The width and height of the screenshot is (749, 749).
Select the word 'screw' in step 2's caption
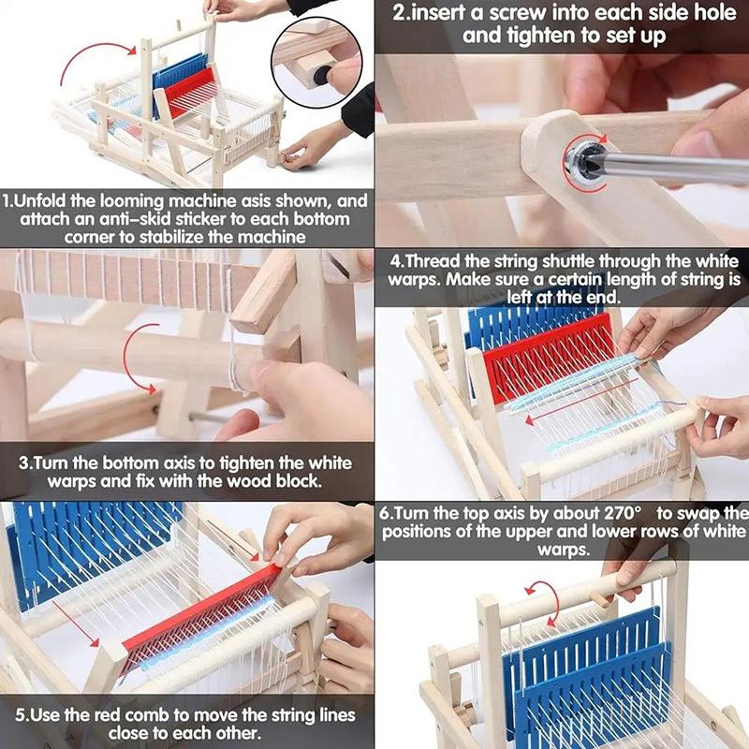coord(545,14)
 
